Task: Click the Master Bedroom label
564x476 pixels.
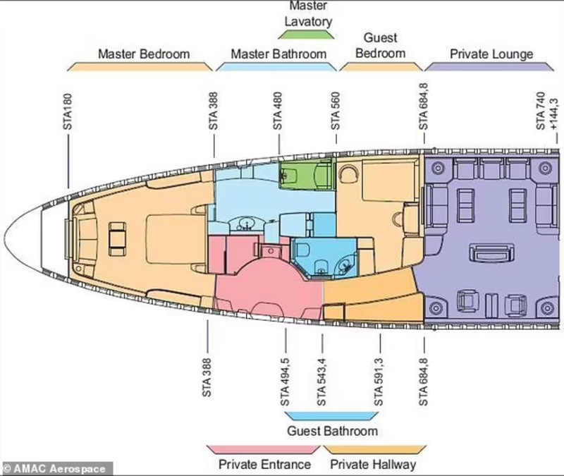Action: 144,54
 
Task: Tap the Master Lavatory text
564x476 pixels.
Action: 308,13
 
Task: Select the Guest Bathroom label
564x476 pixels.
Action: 332,431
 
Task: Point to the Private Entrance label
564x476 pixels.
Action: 265,464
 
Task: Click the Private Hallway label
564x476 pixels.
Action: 373,464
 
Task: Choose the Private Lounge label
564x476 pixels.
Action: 491,54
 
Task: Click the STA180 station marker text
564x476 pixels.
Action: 67,111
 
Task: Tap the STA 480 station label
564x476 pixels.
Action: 277,111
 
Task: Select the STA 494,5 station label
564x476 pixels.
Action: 285,382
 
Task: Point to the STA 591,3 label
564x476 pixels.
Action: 379,382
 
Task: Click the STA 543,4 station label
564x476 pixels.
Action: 321,382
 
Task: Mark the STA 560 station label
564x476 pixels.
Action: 336,111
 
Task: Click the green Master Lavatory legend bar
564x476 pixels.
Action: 306,35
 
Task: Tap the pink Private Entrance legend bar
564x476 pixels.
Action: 263,449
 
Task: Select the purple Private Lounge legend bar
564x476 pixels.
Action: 489,66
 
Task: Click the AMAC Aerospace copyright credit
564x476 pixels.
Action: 56,469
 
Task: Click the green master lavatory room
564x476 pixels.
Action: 307,175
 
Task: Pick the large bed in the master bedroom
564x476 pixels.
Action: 171,238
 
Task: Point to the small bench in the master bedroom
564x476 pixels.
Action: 117,238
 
